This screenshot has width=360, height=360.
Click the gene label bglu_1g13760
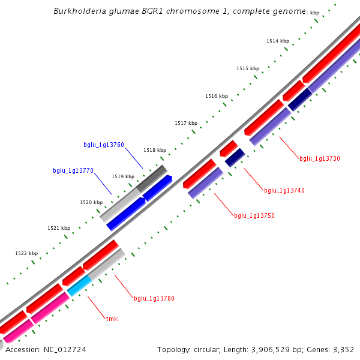pyautogui.click(x=104, y=145)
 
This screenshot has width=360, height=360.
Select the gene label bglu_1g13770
pyautogui.click(x=73, y=170)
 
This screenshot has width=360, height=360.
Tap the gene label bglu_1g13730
pyautogui.click(x=320, y=158)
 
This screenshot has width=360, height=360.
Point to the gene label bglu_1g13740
pyautogui.click(x=284, y=190)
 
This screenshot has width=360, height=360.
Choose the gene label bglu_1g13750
pyautogui.click(x=254, y=215)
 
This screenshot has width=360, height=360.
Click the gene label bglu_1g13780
pyautogui.click(x=154, y=298)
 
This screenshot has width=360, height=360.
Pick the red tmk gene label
pyautogui.click(x=112, y=319)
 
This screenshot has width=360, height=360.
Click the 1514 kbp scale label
pyautogui.click(x=278, y=41)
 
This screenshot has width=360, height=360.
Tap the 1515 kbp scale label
pyautogui.click(x=247, y=68)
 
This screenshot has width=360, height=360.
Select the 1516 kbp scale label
pyautogui.click(x=217, y=96)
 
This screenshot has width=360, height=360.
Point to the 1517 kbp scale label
pyautogui.click(x=186, y=123)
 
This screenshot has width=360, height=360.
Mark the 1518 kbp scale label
pyautogui.click(x=155, y=150)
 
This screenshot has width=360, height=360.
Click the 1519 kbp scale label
pyautogui.click(x=123, y=176)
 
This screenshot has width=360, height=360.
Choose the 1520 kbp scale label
pyautogui.click(x=91, y=202)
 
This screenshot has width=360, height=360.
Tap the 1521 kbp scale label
pyautogui.click(x=59, y=228)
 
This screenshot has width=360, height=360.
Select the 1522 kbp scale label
pyautogui.click(x=26, y=253)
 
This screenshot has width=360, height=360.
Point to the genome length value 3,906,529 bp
pyautogui.click(x=281, y=349)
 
